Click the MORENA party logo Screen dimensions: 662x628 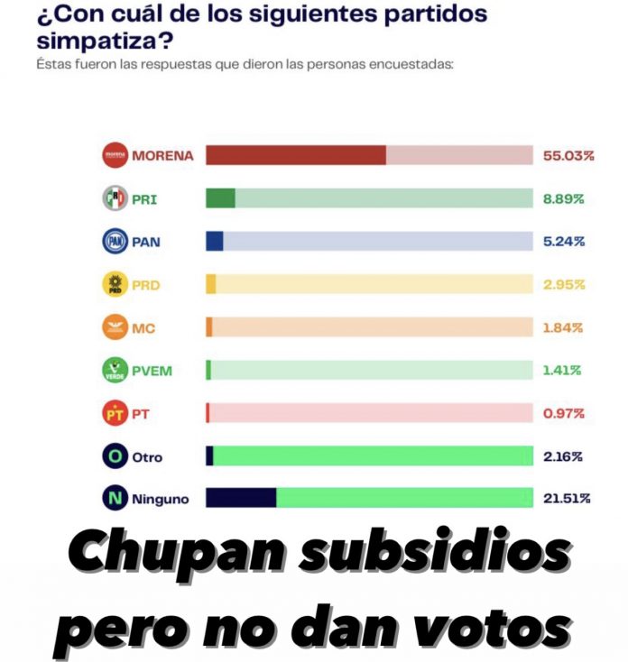point(115,155)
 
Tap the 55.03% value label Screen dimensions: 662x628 point(568,155)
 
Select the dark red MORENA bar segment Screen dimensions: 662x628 point(296,155)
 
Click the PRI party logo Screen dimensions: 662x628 point(115,198)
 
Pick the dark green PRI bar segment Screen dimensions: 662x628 point(220,198)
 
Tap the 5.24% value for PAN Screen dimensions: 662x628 point(564,242)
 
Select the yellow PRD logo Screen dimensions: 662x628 point(115,284)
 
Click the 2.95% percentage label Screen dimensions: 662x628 point(564,285)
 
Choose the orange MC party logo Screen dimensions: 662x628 point(115,327)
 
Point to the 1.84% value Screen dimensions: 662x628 point(564,327)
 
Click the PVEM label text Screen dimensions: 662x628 point(152,371)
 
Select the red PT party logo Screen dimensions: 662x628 point(115,414)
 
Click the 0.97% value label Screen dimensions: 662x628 point(564,414)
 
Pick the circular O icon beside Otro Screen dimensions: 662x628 point(115,456)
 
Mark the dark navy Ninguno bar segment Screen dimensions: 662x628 point(241,499)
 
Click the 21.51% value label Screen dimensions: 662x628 point(567,499)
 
